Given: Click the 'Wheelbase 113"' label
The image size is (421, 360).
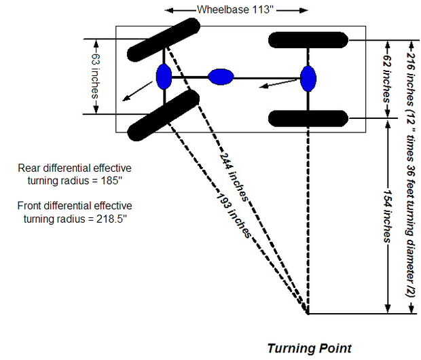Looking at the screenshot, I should (237, 10).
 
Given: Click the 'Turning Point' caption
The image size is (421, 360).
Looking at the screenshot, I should (309, 348).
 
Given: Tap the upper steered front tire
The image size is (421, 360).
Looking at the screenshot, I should (164, 40).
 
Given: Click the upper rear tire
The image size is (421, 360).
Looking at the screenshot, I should (308, 40).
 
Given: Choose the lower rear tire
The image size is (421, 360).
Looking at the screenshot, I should (308, 118).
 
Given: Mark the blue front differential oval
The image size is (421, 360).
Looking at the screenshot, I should (164, 77).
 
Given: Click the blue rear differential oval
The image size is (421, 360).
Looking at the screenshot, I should (309, 78).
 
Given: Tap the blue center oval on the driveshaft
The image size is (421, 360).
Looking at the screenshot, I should (220, 77).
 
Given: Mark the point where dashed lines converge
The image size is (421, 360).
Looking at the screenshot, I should (308, 314).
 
